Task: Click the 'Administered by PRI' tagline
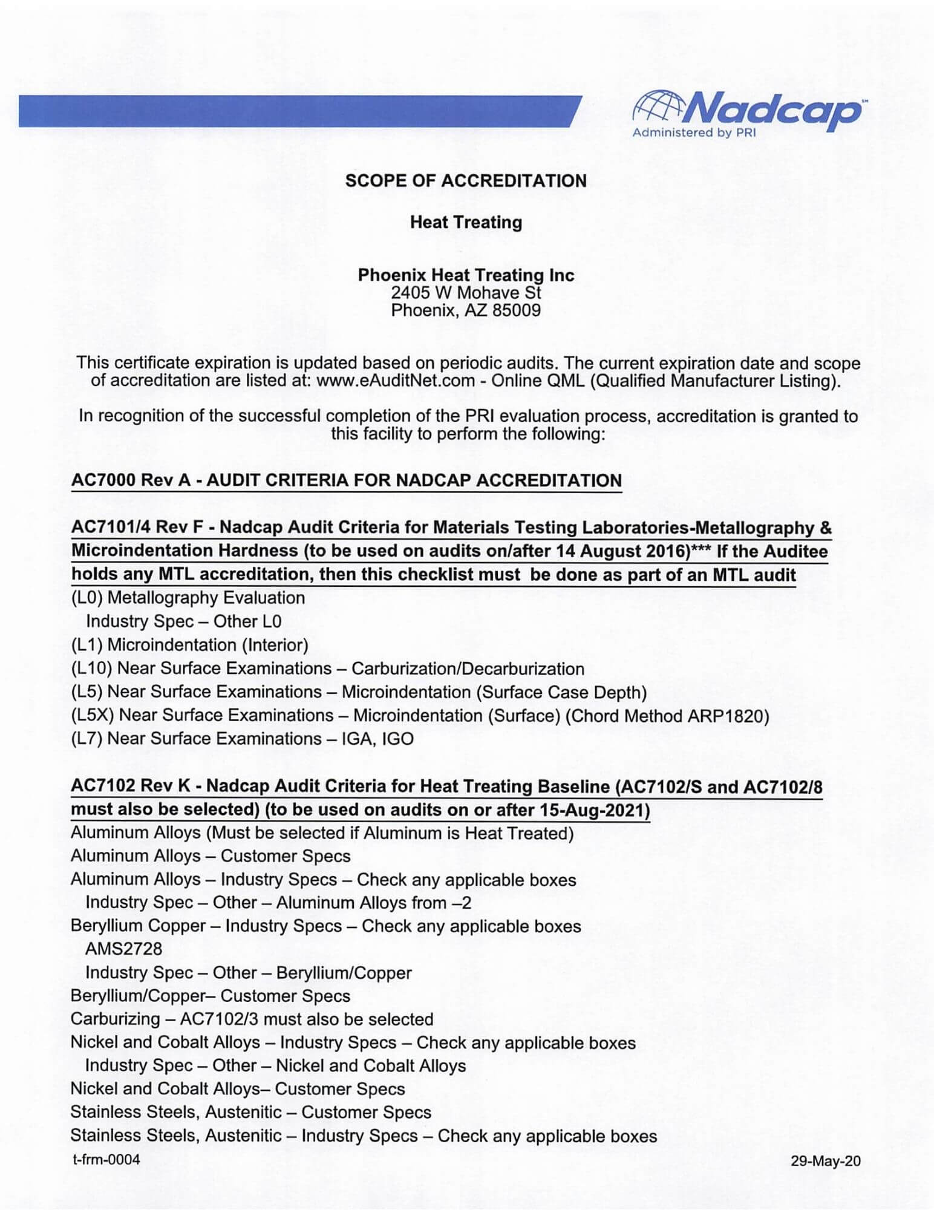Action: click(694, 132)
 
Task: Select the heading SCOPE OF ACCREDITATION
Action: click(465, 181)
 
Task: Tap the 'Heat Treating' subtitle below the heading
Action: click(466, 222)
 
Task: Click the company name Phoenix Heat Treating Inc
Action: click(466, 275)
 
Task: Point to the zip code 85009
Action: click(516, 311)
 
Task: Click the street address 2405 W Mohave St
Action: click(466, 293)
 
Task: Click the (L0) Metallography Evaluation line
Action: click(188, 598)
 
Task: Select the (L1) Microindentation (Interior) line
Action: click(190, 645)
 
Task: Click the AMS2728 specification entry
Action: click(123, 949)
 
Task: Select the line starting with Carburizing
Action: click(252, 1019)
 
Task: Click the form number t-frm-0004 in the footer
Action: click(106, 1160)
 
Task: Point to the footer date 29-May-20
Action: click(825, 1161)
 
